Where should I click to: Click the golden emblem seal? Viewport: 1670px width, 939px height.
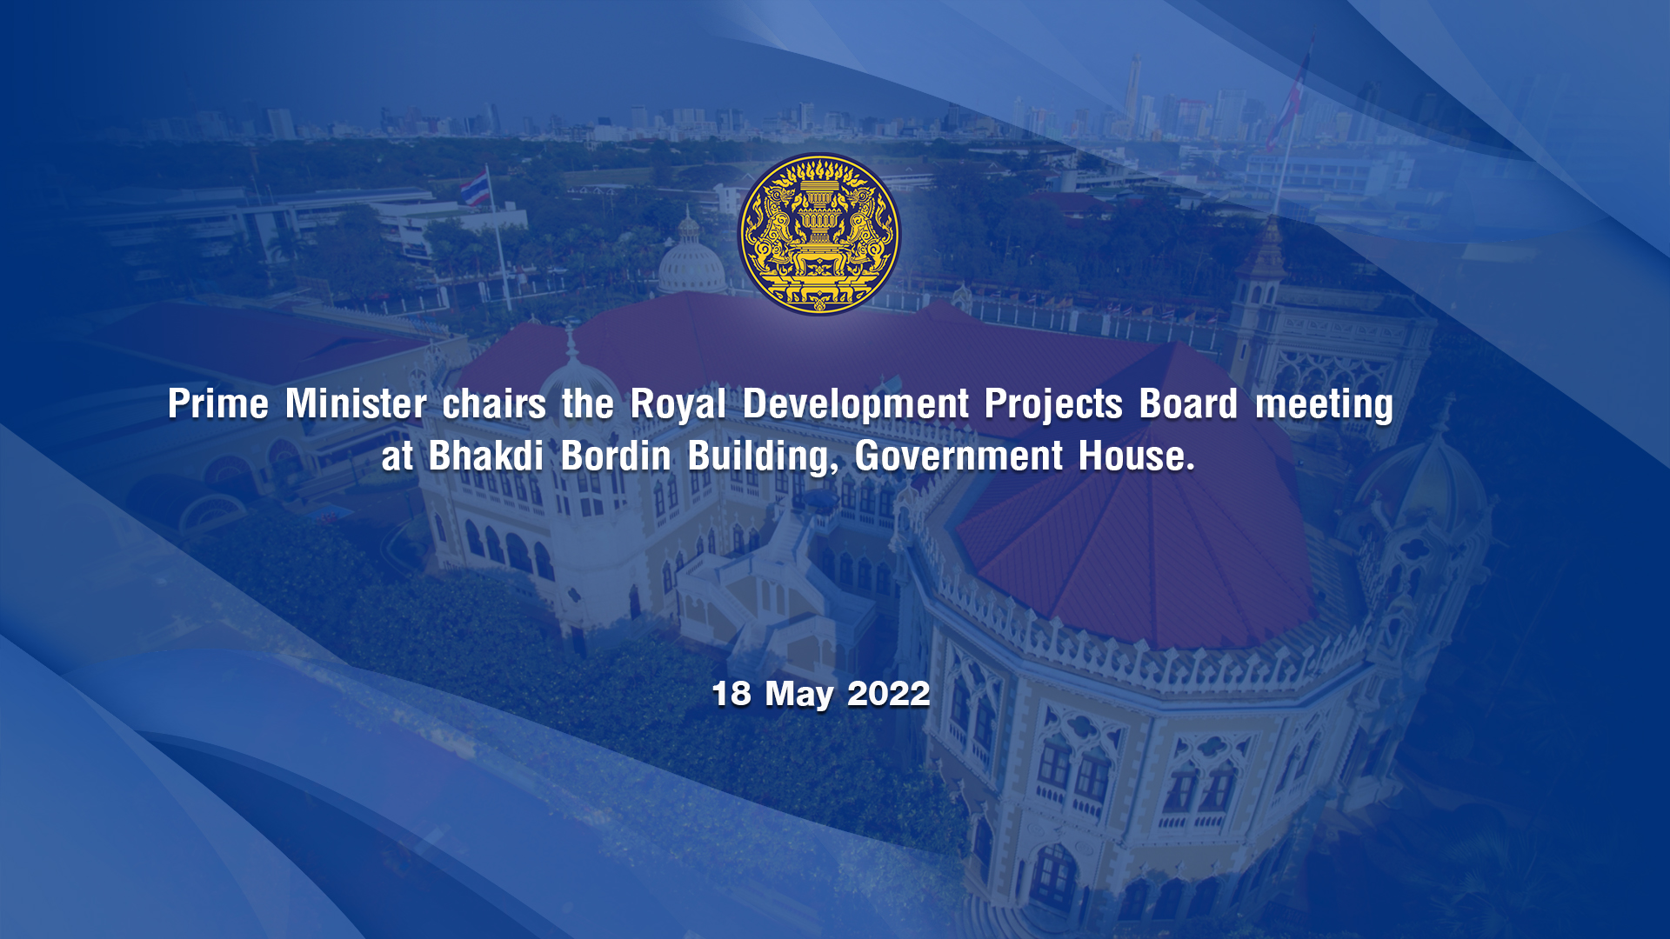(818, 234)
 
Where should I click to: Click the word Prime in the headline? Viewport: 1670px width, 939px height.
(218, 403)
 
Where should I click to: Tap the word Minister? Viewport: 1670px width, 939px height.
(356, 403)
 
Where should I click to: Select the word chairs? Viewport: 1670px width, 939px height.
(494, 403)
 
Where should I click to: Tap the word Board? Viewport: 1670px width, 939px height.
(1188, 403)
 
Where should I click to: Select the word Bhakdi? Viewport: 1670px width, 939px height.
(485, 456)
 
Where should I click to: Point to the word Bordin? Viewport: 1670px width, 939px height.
(616, 456)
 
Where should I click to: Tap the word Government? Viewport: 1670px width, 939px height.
(959, 456)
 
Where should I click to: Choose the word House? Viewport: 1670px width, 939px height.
(1137, 456)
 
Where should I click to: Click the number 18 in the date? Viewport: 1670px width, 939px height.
(731, 694)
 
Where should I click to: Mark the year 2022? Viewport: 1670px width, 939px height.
(888, 694)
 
